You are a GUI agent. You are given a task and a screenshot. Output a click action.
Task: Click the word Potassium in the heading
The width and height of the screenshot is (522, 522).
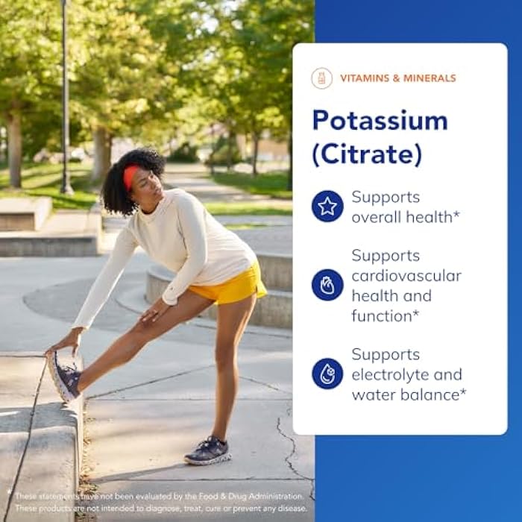pyautogui.click(x=380, y=121)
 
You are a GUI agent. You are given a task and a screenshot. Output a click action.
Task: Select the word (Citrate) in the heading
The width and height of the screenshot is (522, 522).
pyautogui.click(x=367, y=154)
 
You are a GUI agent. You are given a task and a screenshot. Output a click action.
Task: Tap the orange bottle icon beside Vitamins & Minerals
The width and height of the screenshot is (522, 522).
pyautogui.click(x=322, y=78)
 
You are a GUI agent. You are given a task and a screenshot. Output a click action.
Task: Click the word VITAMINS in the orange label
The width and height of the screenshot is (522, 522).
pyautogui.click(x=365, y=78)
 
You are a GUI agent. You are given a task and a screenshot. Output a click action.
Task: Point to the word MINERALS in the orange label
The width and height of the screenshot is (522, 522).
pyautogui.click(x=430, y=78)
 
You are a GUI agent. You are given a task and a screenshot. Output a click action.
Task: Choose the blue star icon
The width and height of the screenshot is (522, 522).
pyautogui.click(x=327, y=207)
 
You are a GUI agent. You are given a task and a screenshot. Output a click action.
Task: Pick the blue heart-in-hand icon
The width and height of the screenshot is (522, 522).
pyautogui.click(x=327, y=285)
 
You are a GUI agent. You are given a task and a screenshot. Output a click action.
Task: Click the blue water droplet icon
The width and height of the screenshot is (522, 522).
pyautogui.click(x=327, y=374)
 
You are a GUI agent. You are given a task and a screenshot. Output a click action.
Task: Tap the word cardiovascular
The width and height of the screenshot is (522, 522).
pyautogui.click(x=406, y=276)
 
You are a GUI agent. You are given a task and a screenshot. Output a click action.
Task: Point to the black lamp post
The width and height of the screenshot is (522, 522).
pyautogui.click(x=66, y=97)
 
